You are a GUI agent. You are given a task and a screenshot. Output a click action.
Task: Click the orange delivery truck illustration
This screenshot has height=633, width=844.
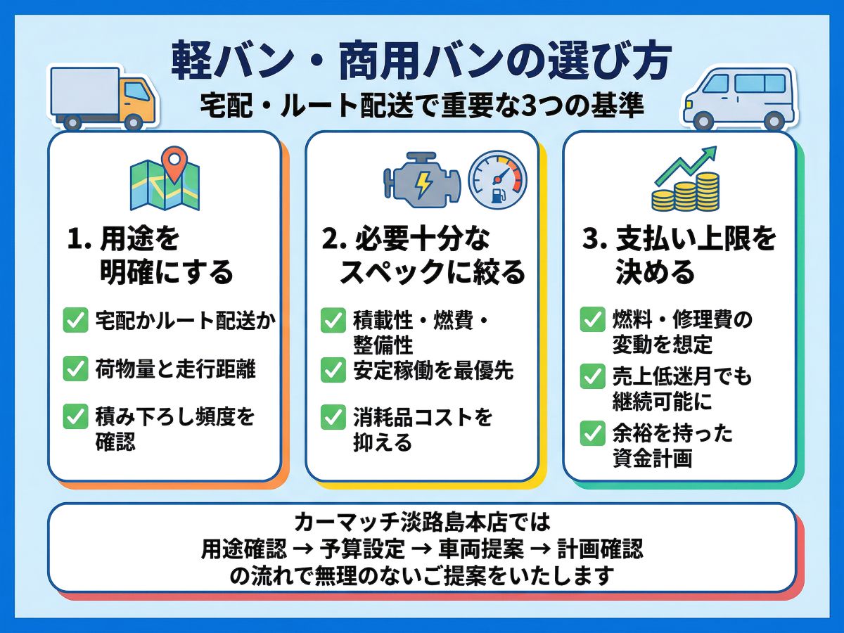tap(103, 98)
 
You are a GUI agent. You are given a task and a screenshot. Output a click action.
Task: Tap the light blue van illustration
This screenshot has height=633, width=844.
tap(740, 98)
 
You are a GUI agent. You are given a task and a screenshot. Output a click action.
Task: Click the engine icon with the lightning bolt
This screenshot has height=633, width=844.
tap(422, 180)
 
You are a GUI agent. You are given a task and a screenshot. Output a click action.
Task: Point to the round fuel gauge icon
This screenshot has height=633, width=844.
tap(497, 180)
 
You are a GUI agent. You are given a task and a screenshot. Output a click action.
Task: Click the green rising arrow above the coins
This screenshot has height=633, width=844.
tap(686, 166)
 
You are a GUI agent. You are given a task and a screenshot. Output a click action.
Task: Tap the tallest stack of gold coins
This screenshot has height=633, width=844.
tap(708, 192)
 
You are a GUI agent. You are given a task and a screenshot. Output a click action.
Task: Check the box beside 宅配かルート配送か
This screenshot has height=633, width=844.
tap(75, 320)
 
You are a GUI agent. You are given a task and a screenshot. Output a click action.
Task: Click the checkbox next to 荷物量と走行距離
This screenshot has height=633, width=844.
tap(75, 369)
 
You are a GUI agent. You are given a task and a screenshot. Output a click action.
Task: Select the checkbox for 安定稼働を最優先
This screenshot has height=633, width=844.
tap(333, 370)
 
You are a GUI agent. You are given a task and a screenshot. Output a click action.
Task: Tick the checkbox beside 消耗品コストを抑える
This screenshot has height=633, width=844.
tap(333, 417)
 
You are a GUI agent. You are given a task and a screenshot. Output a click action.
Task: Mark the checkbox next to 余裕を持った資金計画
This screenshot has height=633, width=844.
tap(592, 433)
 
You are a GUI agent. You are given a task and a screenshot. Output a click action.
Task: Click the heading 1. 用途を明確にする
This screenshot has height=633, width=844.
tap(151, 255)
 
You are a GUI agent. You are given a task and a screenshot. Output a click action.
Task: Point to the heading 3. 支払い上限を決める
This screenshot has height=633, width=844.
tap(679, 255)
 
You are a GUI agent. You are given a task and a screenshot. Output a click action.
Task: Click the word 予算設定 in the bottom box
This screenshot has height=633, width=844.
tap(362, 549)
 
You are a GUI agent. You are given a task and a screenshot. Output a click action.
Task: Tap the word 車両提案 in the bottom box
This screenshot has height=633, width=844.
tap(481, 549)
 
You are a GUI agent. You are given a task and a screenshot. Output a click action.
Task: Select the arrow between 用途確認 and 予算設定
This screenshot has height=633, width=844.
tap(303, 549)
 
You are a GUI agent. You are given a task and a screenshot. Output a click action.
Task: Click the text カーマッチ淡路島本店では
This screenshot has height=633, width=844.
tap(422, 522)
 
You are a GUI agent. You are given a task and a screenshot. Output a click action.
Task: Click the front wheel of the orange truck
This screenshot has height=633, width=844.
tap(134, 122)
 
